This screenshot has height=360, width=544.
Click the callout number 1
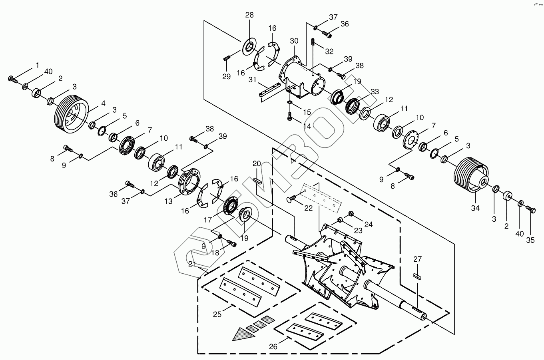38,65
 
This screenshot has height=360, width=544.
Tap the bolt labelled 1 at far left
12,79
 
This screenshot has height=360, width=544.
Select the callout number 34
475,208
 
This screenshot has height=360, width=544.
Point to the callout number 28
249,15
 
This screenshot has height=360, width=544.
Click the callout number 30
294,41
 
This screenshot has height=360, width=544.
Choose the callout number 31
253,80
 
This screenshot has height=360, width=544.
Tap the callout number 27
417,259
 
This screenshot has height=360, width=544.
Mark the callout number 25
217,314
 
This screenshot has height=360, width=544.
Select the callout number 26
273,346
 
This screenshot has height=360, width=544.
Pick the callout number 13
169,201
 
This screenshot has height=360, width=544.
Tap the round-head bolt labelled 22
292,198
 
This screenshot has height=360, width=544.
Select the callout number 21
192,264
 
